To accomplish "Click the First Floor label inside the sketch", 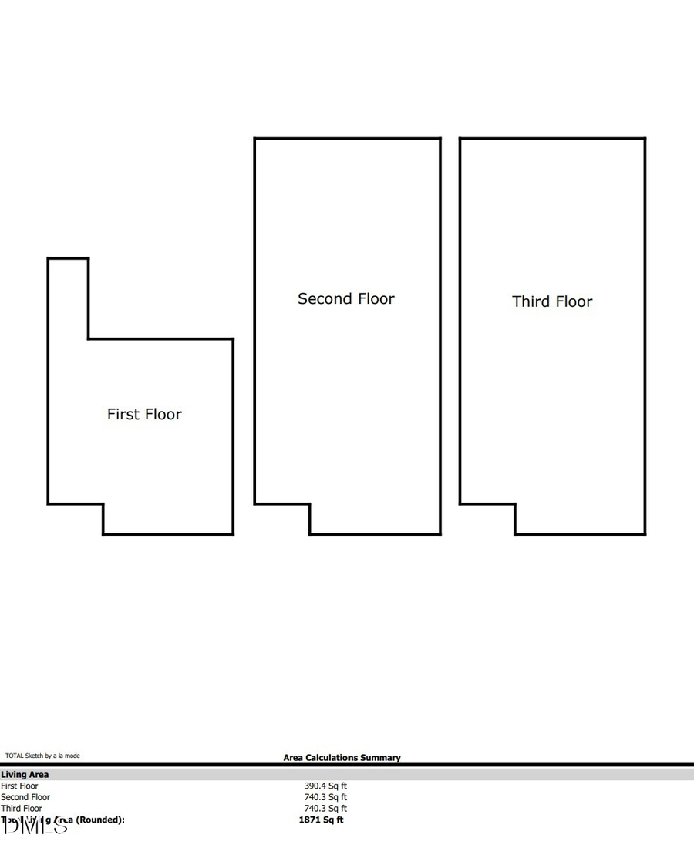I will [x=144, y=415].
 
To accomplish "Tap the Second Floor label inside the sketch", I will [x=345, y=299].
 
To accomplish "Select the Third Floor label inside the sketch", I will [x=552, y=301].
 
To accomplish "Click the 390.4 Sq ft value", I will [x=325, y=786].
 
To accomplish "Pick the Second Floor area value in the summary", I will [x=325, y=797].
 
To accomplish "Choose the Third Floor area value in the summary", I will [x=325, y=809].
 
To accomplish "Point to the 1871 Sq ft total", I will [x=321, y=820].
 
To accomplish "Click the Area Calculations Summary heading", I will [x=342, y=758].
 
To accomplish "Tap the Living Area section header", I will [x=25, y=775].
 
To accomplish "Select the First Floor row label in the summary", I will [x=19, y=786].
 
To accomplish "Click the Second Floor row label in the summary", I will [x=25, y=797].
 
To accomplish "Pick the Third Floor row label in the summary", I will [x=22, y=809].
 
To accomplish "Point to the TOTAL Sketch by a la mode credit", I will [x=42, y=756].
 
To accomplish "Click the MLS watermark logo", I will [x=35, y=826].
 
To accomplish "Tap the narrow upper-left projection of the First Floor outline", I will [x=68, y=297].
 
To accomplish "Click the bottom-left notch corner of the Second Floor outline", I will [x=309, y=504].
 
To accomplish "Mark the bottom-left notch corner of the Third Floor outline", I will [x=515, y=504].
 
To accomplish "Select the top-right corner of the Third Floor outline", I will [x=645, y=139].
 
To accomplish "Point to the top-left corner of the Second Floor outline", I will [x=255, y=139].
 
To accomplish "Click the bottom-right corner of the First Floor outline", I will [x=233, y=533].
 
